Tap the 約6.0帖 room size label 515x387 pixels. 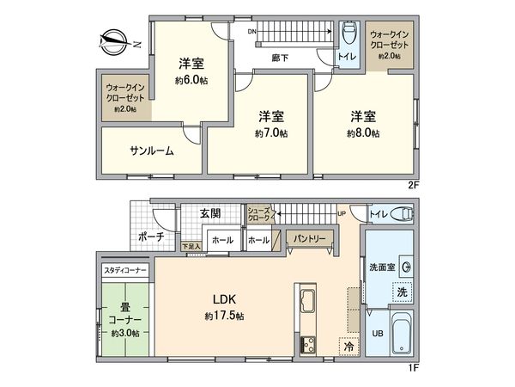coord(191,80)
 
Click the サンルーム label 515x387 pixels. coord(152,150)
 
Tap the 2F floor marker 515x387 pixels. coord(413,184)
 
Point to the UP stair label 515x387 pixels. coord(341,214)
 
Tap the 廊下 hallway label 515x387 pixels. coord(279,58)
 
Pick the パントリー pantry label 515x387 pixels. coord(306,236)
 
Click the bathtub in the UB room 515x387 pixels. coord(400,335)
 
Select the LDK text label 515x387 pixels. coord(224,299)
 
